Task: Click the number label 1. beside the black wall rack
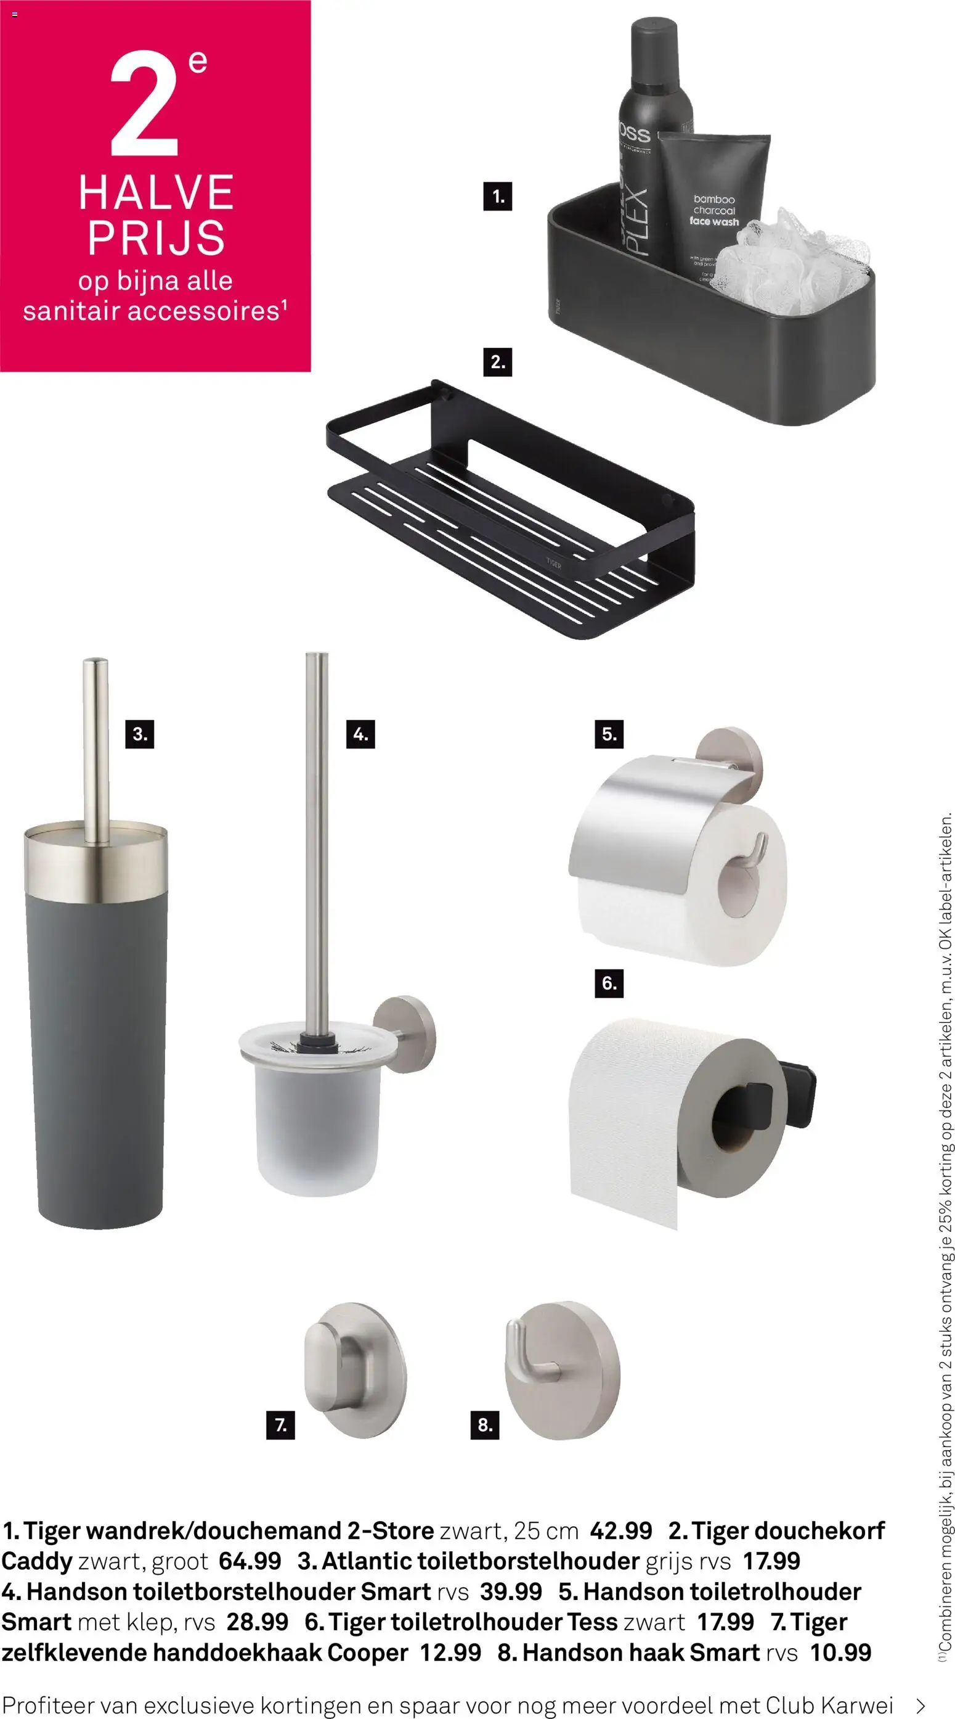[x=497, y=196]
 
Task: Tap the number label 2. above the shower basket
[x=497, y=362]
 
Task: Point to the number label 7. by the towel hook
[x=281, y=1426]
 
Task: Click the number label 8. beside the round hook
[x=485, y=1426]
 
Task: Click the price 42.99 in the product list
[x=621, y=1531]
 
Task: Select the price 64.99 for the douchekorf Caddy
[x=250, y=1562]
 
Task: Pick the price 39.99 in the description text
[x=511, y=1591]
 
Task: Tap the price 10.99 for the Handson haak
[x=840, y=1653]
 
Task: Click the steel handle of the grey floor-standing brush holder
[x=96, y=751]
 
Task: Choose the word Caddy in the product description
[x=37, y=1562]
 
